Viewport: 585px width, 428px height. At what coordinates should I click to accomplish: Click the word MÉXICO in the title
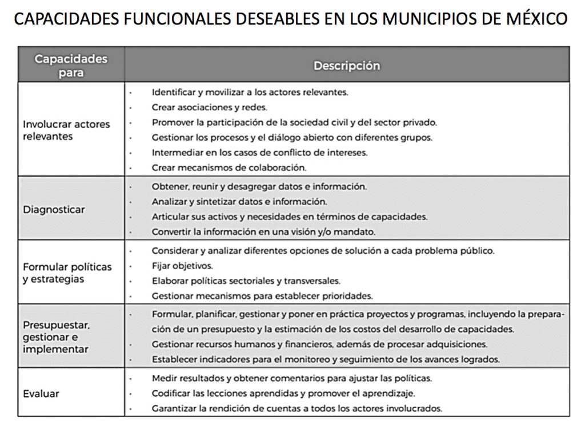tap(536, 19)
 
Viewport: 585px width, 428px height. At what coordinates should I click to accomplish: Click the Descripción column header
tap(346, 65)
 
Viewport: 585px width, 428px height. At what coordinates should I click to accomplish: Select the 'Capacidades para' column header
tap(71, 65)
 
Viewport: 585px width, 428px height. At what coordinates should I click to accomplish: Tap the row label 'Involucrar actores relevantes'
tap(66, 130)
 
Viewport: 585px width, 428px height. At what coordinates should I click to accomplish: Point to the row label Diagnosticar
tap(54, 209)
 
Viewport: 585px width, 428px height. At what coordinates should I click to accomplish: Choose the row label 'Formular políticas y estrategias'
tap(67, 273)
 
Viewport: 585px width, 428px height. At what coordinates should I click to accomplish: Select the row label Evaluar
tap(41, 393)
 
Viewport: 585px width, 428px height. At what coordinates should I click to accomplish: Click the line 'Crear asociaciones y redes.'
tap(209, 107)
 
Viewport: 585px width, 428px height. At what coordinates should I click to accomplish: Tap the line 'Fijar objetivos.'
tap(182, 266)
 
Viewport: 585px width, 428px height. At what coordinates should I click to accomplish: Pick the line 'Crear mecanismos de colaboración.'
tap(229, 167)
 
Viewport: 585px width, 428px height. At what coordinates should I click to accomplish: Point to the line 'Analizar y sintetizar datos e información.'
tap(239, 202)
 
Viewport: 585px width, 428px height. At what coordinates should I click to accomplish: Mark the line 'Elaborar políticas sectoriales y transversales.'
tap(246, 281)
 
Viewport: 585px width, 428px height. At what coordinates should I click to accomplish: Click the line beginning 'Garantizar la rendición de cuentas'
tap(296, 409)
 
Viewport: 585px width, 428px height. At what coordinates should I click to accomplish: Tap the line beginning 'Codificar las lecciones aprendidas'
tap(283, 393)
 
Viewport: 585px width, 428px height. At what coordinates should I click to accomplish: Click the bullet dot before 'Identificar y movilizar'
tap(131, 92)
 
